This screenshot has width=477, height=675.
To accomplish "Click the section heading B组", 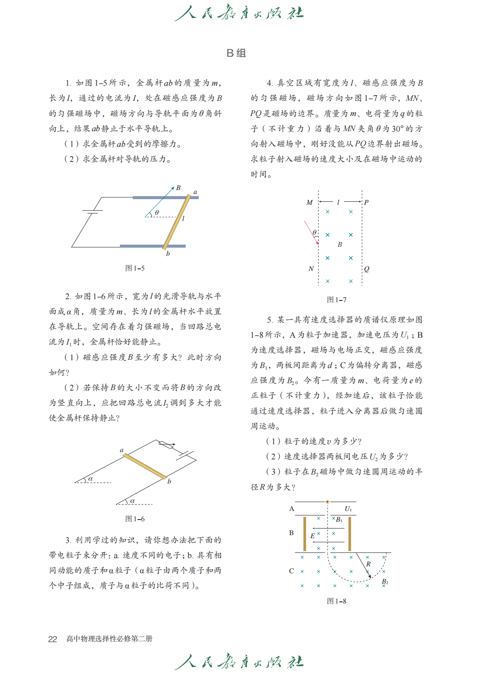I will [x=236, y=53].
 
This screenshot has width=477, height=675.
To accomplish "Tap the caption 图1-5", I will [x=135, y=268].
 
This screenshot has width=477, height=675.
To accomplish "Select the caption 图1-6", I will [x=135, y=519].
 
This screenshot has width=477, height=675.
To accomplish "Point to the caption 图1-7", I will [x=336, y=300].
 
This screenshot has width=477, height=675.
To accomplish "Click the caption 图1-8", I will [x=336, y=601].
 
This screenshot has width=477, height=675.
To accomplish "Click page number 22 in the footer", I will [x=52, y=639].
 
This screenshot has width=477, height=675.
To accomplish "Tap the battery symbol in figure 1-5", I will [x=92, y=212].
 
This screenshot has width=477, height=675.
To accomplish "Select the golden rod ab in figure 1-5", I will [x=177, y=222].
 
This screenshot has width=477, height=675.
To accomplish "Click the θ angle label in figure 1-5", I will [x=157, y=213].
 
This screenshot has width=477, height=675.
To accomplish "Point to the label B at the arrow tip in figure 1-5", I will [x=178, y=188].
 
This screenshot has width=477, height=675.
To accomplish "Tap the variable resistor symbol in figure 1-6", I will [x=166, y=445].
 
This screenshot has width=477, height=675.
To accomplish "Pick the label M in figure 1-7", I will [x=309, y=203].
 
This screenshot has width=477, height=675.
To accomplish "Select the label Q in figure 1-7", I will [x=367, y=269].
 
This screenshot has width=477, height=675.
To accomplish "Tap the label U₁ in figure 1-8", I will [x=348, y=509].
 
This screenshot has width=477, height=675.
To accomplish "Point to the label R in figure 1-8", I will [x=368, y=564].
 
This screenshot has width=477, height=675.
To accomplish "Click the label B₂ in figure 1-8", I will [x=385, y=582].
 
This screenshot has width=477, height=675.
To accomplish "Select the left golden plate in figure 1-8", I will [x=305, y=534].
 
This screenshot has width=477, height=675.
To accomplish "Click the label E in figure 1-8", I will [x=313, y=536].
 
